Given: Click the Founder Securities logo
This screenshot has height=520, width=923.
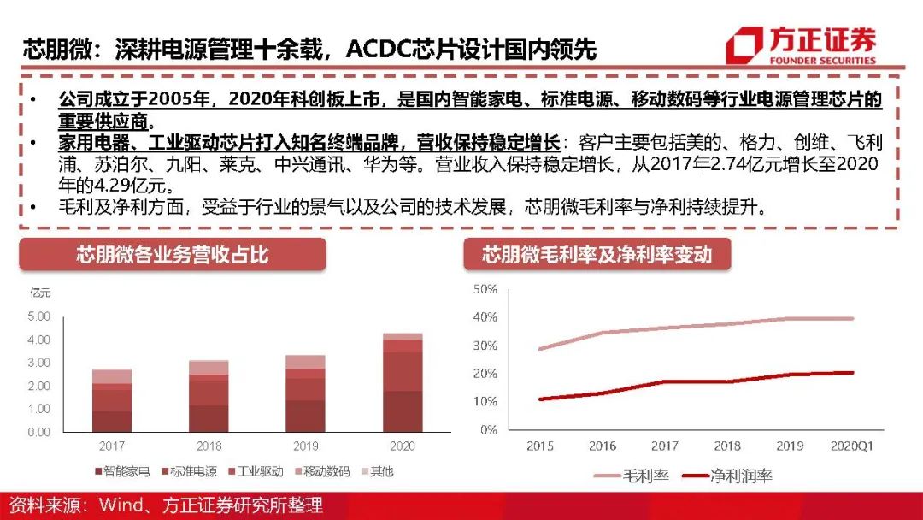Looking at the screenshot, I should (x=800, y=45).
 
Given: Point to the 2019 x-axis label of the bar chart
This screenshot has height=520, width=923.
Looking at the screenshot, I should (x=306, y=446).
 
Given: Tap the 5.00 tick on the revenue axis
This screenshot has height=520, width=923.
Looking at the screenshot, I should (x=40, y=316).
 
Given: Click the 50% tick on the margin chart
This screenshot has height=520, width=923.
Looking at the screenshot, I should (x=485, y=289).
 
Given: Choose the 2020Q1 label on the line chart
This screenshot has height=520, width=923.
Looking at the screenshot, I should (x=852, y=446).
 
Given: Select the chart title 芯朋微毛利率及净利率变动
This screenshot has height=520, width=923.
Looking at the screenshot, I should (x=597, y=255).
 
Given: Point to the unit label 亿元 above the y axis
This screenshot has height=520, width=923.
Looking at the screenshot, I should (x=40, y=293).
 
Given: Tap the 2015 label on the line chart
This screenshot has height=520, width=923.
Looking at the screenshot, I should (x=539, y=446).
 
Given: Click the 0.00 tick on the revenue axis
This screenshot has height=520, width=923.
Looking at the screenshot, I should (x=40, y=432).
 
